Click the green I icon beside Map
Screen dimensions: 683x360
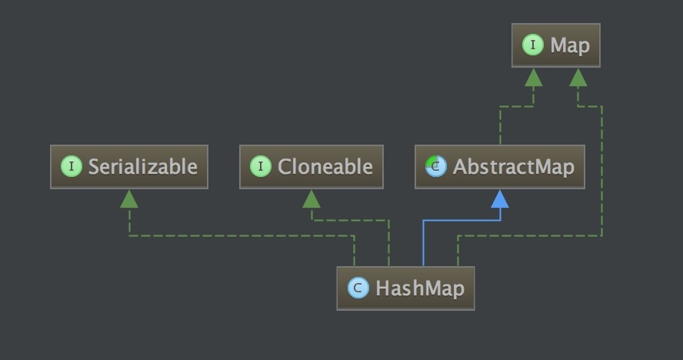coord(532,45)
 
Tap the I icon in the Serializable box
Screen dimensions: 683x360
coord(71,166)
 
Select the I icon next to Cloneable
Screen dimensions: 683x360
coord(261,166)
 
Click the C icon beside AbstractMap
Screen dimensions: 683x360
coord(436,166)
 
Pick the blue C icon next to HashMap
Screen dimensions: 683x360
coord(358,288)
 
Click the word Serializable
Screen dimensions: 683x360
coord(142,166)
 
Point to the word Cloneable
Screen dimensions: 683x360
coord(325,166)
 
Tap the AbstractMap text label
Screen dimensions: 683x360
coord(513,166)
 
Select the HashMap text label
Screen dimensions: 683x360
coord(420,288)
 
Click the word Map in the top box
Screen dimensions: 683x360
coord(570,45)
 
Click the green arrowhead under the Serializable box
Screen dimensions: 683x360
coord(129,198)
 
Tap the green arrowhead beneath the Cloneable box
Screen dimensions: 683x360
coord(311,198)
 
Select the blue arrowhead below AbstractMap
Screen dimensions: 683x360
coord(500,198)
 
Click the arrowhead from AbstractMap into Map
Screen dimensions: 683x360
coord(533,77)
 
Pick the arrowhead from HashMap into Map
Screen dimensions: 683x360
coord(578,77)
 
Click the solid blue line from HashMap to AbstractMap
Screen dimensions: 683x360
coord(461,220)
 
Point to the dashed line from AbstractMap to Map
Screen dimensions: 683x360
coord(501,123)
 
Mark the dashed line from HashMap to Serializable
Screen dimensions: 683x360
coord(238,235)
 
